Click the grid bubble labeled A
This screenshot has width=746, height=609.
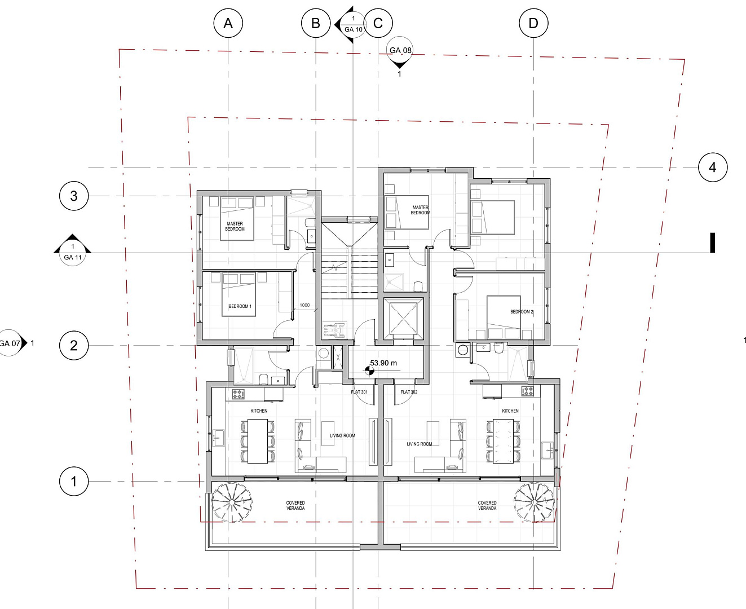point(228,23)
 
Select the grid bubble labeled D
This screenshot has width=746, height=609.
point(533,23)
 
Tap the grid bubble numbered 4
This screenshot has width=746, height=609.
point(713,167)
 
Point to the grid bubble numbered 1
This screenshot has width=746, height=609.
point(73,482)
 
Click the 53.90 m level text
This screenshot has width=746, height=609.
point(383,363)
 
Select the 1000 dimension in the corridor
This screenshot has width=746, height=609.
point(304,305)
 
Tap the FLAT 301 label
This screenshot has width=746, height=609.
point(359,392)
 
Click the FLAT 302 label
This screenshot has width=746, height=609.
point(409,392)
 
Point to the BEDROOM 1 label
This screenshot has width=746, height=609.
point(240,306)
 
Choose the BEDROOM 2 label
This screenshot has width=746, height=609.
point(522,312)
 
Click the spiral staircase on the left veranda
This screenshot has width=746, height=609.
point(232,502)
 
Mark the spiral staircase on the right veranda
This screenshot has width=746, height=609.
point(534,502)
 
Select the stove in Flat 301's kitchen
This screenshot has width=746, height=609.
point(238,394)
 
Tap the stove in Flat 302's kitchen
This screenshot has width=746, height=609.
point(527,391)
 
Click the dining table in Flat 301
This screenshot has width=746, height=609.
point(258,441)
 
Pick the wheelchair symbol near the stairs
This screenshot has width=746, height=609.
point(334,330)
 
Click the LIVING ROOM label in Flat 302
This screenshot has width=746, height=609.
point(420,444)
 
